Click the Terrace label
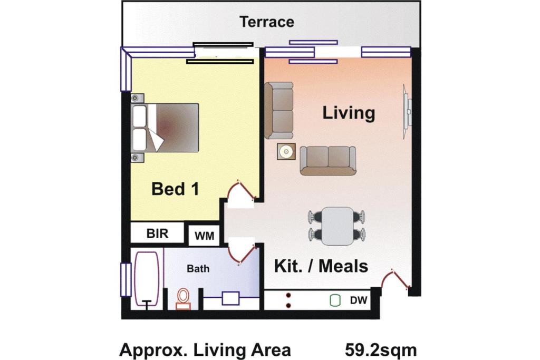[x=267, y=22]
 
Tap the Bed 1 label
[x=175, y=189]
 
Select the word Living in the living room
[x=349, y=113]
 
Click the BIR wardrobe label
[x=157, y=233]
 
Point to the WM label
[x=204, y=236]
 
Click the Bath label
[x=198, y=268]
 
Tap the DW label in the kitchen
[x=359, y=300]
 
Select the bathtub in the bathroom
[x=147, y=278]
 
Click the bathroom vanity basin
[x=231, y=298]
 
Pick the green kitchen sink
[x=335, y=300]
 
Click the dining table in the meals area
[x=338, y=226]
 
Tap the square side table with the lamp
[x=286, y=151]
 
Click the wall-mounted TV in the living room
[x=408, y=112]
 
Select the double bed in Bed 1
[x=165, y=128]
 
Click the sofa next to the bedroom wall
[x=279, y=111]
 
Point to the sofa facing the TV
[x=328, y=161]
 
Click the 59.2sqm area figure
[x=381, y=351]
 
